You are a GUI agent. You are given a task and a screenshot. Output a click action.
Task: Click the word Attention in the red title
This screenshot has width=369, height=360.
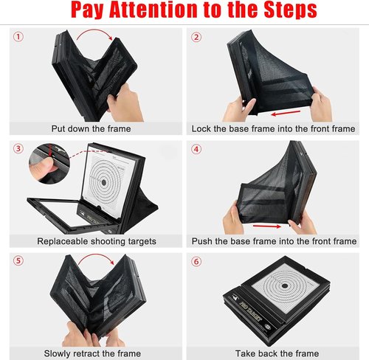(x=154, y=9)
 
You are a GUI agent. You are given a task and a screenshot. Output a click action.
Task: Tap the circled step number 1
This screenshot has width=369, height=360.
(x=18, y=37)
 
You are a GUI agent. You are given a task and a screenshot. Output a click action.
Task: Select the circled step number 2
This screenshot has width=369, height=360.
(x=196, y=37)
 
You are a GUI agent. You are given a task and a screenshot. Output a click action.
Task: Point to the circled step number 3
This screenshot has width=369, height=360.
(x=18, y=148)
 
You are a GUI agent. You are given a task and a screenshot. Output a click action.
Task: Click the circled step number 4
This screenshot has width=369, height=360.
(x=196, y=149)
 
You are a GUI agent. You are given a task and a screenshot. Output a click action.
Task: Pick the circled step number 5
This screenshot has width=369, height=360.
(x=18, y=260)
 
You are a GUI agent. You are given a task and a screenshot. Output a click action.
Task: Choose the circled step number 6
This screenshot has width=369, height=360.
(x=196, y=261)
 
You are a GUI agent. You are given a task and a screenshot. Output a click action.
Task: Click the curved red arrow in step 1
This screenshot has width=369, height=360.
(x=94, y=31)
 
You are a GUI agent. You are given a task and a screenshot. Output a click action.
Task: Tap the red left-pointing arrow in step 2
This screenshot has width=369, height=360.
(x=286, y=113)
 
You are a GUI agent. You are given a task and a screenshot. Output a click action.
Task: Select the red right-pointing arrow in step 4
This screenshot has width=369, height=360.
(x=267, y=226)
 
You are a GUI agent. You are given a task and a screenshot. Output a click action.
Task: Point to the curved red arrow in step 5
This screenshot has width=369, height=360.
(x=97, y=256)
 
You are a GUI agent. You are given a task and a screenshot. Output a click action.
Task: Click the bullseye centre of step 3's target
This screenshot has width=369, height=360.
(x=104, y=182)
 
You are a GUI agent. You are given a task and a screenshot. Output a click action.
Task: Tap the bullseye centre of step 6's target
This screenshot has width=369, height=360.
(x=285, y=285)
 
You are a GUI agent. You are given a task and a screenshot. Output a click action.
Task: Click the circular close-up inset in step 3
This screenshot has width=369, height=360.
(x=49, y=164)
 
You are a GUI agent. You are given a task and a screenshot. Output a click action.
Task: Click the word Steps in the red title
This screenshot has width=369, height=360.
(x=291, y=10)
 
